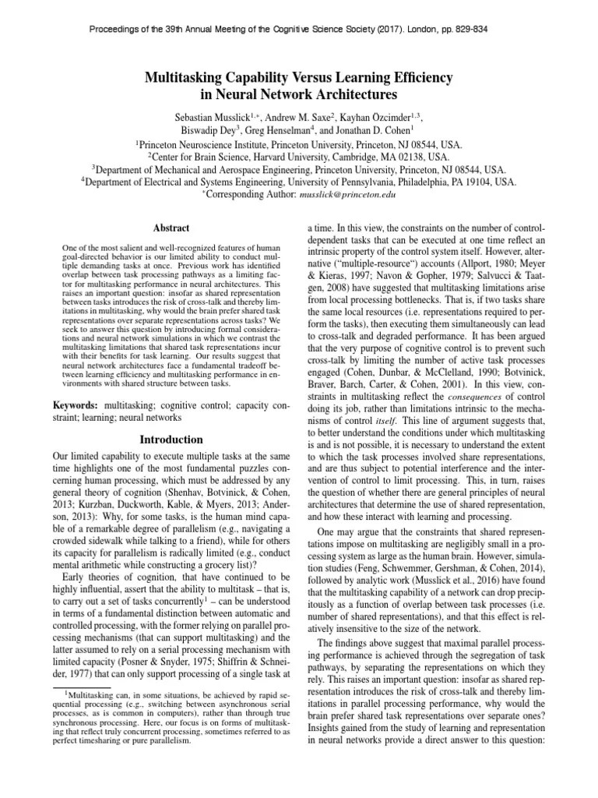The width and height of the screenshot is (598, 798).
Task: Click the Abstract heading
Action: point(171,228)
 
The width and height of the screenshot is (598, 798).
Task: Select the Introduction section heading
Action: point(171,440)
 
